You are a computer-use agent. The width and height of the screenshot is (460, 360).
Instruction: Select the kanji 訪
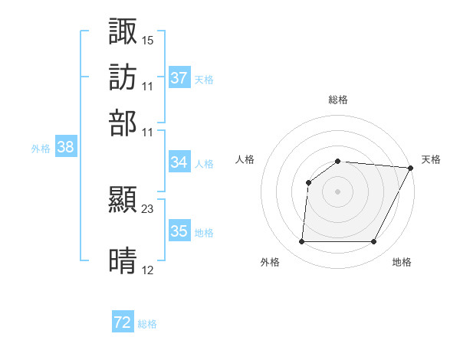pos(123,77)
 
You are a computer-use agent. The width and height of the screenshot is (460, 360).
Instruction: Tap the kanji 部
pos(123,123)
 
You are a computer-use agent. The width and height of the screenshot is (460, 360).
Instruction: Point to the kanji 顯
pos(123,200)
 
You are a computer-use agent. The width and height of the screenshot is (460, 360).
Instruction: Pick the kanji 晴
pos(123,261)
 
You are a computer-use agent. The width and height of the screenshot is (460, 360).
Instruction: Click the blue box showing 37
pos(179,78)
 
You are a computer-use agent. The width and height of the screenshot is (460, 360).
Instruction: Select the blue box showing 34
pos(179,162)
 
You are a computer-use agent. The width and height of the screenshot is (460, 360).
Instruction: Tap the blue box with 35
pos(179,231)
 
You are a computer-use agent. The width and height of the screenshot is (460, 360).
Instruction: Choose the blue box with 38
pos(65,148)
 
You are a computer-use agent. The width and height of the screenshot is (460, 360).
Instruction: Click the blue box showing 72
pos(123,323)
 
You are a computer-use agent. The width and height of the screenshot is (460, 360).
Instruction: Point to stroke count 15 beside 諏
pos(148,39)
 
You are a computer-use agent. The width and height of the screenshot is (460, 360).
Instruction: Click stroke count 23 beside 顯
pos(148,208)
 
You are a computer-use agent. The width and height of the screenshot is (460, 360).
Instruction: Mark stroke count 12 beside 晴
pos(148,270)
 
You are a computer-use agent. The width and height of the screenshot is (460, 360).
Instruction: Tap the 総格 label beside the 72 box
pos(147,324)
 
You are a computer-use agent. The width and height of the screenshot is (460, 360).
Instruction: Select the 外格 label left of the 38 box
pos(40,149)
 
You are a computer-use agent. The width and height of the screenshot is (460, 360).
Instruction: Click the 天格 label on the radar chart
pos(431,159)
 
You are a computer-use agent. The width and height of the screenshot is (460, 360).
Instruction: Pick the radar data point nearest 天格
pos(411,168)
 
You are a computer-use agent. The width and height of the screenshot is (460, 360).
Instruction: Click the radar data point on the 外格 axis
pos(301,242)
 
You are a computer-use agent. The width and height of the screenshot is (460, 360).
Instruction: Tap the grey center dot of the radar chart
pos(337,191)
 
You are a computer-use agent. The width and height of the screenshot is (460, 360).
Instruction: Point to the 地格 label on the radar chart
pos(402,262)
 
